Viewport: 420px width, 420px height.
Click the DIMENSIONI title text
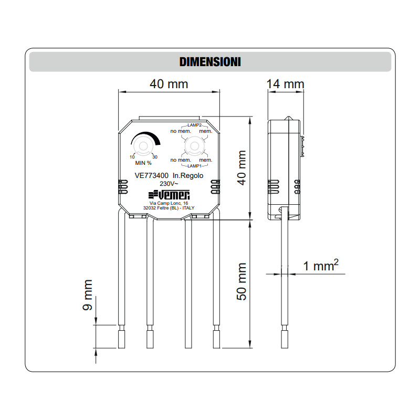[x=210, y=61]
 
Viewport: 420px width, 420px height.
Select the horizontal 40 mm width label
[x=169, y=84]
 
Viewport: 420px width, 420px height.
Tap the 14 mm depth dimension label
[x=285, y=84]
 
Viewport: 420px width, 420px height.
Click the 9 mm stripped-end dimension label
[x=88, y=296]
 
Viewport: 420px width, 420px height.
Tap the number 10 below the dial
[x=132, y=157]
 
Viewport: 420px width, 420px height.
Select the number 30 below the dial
[x=154, y=157]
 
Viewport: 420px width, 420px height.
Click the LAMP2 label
[x=192, y=126]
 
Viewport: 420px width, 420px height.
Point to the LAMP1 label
[x=192, y=165]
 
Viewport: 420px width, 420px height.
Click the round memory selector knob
[x=193, y=145]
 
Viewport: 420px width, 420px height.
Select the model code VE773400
[x=151, y=176]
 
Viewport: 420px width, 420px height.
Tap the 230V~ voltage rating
[x=169, y=184]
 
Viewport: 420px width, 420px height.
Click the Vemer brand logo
[x=169, y=193]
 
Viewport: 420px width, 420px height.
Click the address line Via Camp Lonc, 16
[x=169, y=203]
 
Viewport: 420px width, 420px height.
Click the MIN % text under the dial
[x=143, y=163]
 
